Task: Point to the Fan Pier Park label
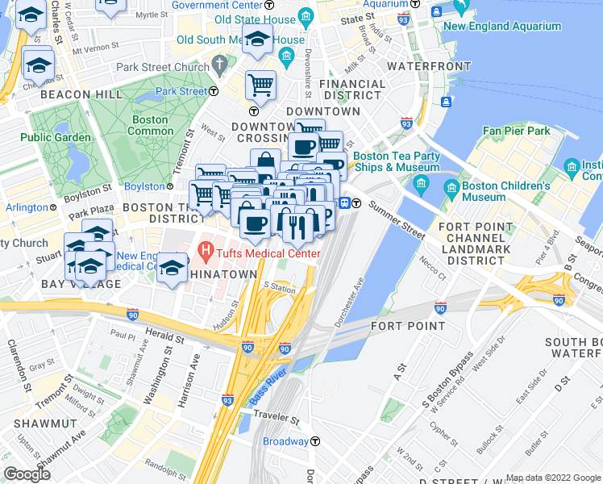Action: (516, 131)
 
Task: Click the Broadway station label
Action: (285, 441)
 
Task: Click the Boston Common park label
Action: (150, 126)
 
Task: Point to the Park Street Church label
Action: (161, 67)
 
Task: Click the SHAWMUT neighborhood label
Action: (49, 423)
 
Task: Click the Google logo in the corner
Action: (27, 474)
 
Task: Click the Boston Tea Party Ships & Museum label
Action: (396, 161)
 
